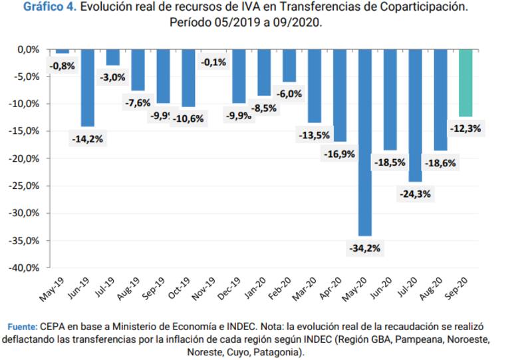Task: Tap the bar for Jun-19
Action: pos(88,88)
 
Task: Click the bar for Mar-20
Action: pos(314,86)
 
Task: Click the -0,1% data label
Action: pos(213,63)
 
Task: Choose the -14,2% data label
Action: pos(88,139)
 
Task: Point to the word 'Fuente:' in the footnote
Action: pos(22,327)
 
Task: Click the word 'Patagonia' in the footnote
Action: pos(281,351)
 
